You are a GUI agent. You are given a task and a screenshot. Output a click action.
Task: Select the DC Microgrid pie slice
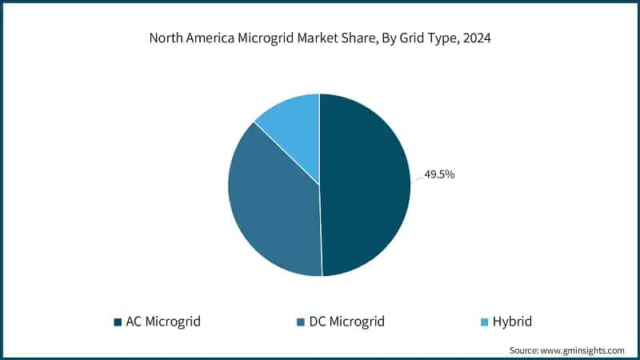pyautogui.click(x=272, y=208)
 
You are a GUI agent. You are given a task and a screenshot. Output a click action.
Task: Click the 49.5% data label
pyautogui.click(x=439, y=174)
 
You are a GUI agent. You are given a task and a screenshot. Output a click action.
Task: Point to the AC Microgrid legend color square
pyautogui.click(x=117, y=322)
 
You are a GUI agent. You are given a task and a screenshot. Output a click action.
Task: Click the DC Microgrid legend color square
pyautogui.click(x=300, y=322)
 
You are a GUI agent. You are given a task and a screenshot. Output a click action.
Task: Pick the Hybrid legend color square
pyautogui.click(x=482, y=322)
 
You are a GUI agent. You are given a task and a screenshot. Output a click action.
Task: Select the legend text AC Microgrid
pyautogui.click(x=162, y=322)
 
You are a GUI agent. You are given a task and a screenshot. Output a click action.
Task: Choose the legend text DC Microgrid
pyautogui.click(x=346, y=322)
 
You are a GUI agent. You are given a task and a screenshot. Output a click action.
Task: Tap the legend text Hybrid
pyautogui.click(x=513, y=322)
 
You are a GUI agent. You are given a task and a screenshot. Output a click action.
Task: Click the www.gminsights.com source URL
pyautogui.click(x=585, y=350)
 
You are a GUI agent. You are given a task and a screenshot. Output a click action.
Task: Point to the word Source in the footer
pyautogui.click(x=525, y=350)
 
